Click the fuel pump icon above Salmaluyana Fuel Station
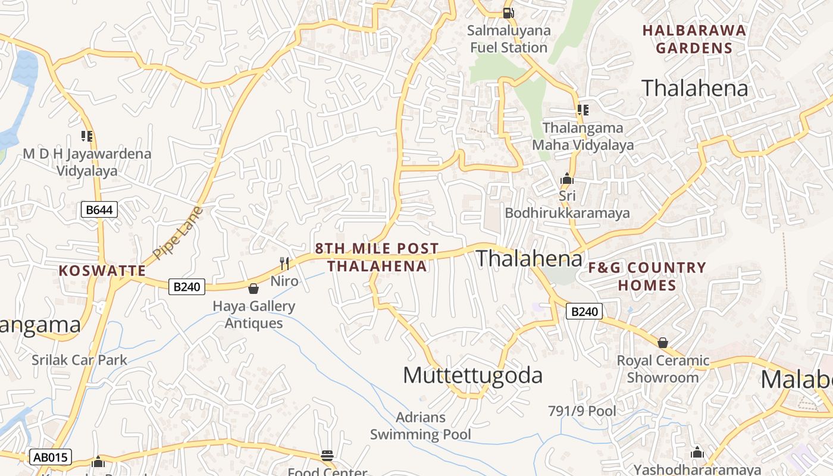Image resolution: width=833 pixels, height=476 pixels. pyautogui.click(x=508, y=12)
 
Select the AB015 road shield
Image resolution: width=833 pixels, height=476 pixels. pyautogui.click(x=51, y=457)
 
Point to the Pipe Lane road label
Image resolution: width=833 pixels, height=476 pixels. pyautogui.click(x=178, y=233)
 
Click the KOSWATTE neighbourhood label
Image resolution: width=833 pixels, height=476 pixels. pyautogui.click(x=102, y=271)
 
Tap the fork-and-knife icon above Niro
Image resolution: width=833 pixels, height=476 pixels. pyautogui.click(x=284, y=263)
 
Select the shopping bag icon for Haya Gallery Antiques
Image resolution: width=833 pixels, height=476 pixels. pyautogui.click(x=253, y=289)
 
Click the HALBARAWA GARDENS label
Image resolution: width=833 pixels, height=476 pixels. pyautogui.click(x=694, y=39)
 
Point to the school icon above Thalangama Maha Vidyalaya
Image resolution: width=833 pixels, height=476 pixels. pyautogui.click(x=583, y=110)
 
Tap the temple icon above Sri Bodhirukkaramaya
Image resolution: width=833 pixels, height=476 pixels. pyautogui.click(x=566, y=178)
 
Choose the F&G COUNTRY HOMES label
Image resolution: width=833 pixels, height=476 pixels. pyautogui.click(x=647, y=277)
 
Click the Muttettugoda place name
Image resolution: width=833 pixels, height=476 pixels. pyautogui.click(x=473, y=375)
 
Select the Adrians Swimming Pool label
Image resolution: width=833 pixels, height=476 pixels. pyautogui.click(x=421, y=426)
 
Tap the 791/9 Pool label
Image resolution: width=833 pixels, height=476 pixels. pyautogui.click(x=582, y=411)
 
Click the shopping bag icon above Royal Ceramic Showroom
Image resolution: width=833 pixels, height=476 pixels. pyautogui.click(x=662, y=343)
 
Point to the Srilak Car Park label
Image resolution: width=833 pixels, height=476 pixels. pyautogui.click(x=80, y=359)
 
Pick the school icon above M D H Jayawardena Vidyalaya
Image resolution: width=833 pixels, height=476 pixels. pyautogui.click(x=87, y=136)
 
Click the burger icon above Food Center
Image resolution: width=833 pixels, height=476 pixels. pyautogui.click(x=327, y=456)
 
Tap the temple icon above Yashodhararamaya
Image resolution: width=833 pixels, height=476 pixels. pyautogui.click(x=697, y=453)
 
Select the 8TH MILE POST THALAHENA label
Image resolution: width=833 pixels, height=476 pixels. pyautogui.click(x=377, y=257)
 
